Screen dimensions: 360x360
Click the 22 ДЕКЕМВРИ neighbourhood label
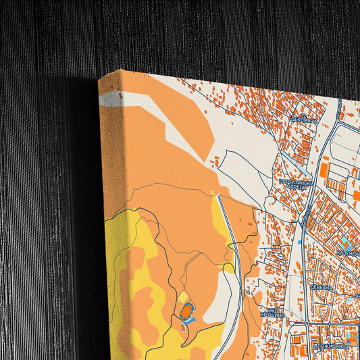303,119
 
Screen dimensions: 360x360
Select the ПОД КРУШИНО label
273,314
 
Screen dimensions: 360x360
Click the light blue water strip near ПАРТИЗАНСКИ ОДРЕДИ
287,161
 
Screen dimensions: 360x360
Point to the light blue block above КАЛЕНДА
344,240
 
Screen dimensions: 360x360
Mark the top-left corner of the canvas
99,80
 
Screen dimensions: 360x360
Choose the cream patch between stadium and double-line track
211,307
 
